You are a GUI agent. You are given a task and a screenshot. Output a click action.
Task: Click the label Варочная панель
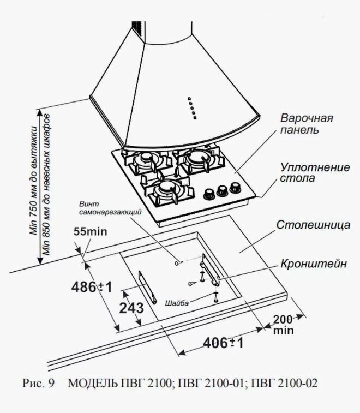[307, 124]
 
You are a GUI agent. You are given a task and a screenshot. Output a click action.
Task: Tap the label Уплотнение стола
[314, 172]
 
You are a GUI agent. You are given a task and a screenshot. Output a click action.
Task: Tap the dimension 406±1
[223, 343]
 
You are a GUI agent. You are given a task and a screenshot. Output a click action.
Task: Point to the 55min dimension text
[90, 232]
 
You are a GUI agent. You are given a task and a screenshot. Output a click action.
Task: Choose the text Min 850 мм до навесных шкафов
[48, 185]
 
